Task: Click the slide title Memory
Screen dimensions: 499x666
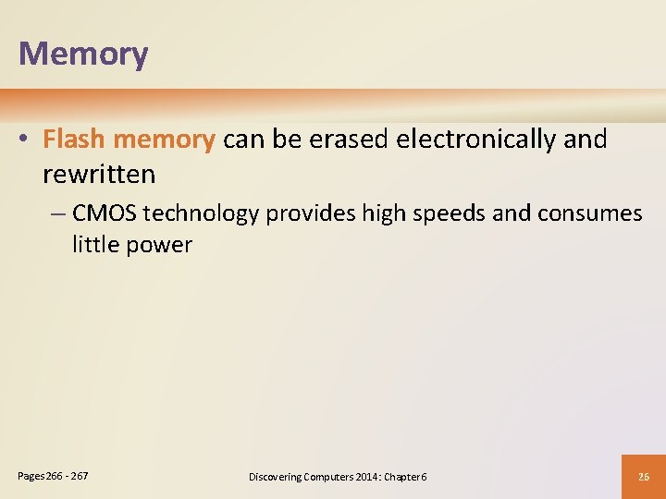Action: tap(83, 55)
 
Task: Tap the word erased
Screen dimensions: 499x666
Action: tap(349, 140)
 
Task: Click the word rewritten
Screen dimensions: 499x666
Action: tap(99, 173)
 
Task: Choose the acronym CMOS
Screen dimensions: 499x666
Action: tap(104, 213)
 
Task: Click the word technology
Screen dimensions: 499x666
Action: tap(201, 214)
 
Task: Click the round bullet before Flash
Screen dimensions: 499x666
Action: tap(29, 140)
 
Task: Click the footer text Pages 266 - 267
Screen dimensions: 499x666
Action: tap(54, 476)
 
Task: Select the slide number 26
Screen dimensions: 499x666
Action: tap(644, 477)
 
